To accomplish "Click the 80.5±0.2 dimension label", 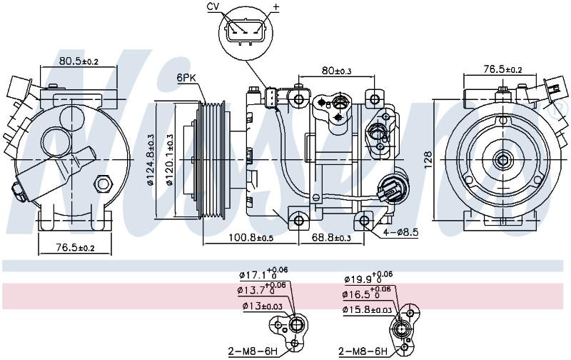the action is tap(79, 61).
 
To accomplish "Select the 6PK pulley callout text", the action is tap(186, 78).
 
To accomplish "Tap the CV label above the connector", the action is tap(213, 7).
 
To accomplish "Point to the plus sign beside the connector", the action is tap(276, 7).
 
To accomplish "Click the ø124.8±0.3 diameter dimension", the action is tap(150, 159).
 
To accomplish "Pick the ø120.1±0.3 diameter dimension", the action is tap(170, 159).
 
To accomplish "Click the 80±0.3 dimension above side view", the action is tap(336, 70).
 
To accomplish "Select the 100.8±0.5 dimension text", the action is tap(251, 238).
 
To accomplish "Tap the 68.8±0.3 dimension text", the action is tap(331, 238).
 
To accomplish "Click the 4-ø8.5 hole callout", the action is tap(400, 231).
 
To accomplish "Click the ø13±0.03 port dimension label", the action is tap(262, 306).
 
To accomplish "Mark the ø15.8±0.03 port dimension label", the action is tap(367, 310).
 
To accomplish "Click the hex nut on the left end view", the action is tap(102, 183).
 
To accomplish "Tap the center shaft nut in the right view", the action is tap(503, 159).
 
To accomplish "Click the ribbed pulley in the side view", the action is tap(211, 160).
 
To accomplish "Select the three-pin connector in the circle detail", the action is tap(246, 30).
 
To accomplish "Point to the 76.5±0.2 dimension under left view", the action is tap(75, 248).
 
